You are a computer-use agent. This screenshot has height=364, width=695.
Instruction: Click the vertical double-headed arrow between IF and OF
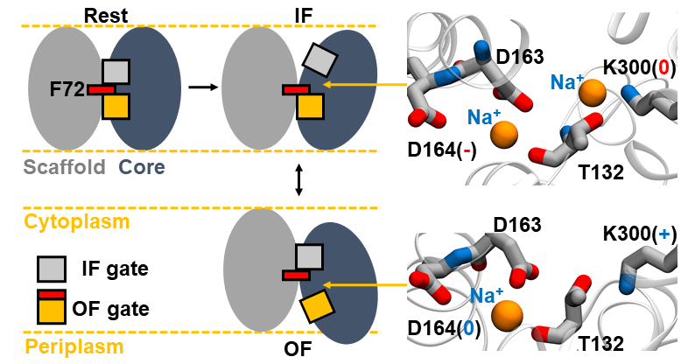299,180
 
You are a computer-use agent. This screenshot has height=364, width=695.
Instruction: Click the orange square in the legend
49,311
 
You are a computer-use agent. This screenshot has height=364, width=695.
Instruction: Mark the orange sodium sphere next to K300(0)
593,91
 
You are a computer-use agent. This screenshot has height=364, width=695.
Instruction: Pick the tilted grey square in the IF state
319,59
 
